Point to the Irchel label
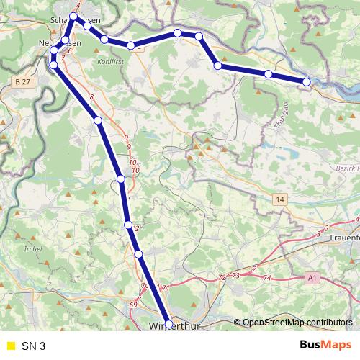(33, 248)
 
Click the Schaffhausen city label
(75, 21)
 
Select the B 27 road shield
(23, 84)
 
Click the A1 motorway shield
(312, 276)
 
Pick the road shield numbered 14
(279, 199)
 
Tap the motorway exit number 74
(267, 278)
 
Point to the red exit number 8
(92, 97)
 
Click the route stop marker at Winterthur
(169, 325)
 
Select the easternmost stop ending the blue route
(307, 82)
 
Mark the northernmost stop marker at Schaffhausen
(73, 15)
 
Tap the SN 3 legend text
(34, 346)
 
